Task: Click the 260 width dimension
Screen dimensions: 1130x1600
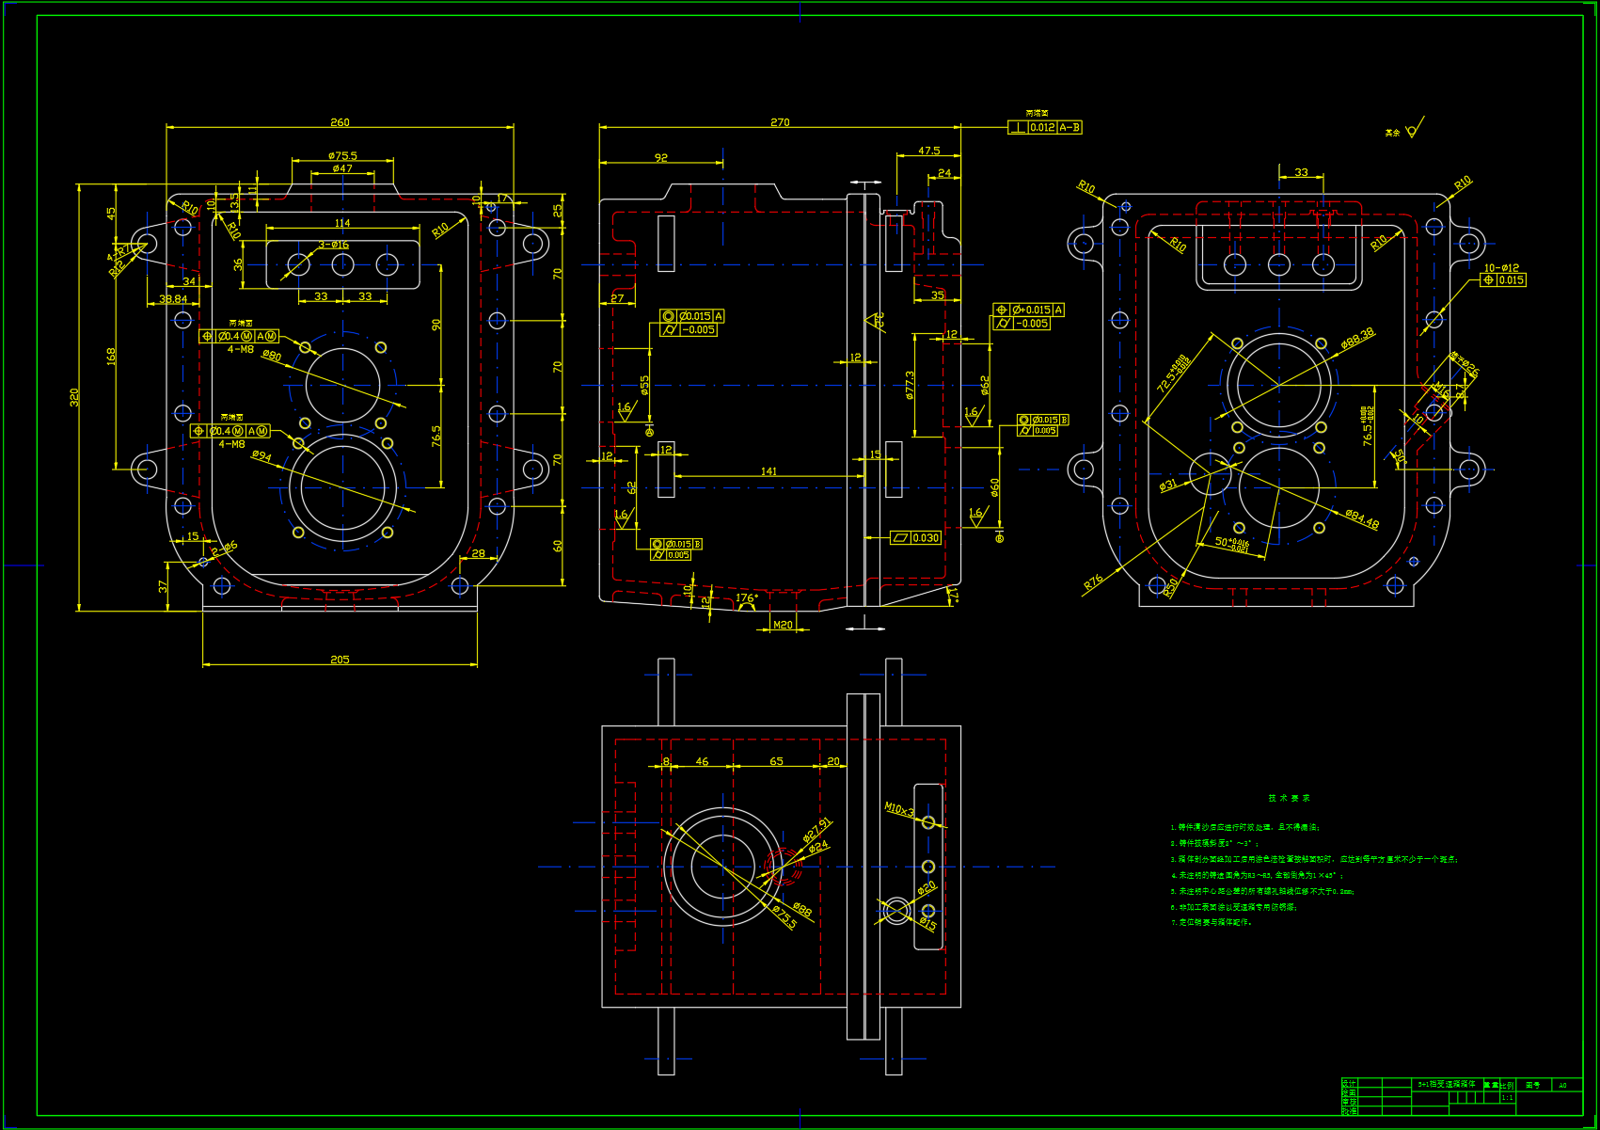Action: tap(340, 122)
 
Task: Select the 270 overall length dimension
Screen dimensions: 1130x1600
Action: tap(780, 122)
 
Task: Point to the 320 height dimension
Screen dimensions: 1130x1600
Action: tap(74, 397)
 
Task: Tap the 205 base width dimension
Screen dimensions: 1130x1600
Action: tap(340, 660)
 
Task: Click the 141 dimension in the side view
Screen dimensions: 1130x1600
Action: tap(768, 471)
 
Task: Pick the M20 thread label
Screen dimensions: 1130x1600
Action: tap(783, 625)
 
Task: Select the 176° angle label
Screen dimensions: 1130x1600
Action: tap(747, 598)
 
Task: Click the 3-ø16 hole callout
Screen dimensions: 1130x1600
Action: tap(333, 245)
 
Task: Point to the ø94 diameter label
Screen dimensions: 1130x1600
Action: tap(261, 456)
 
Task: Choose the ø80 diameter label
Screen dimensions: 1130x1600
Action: tap(272, 356)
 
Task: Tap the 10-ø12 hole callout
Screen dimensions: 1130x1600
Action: tap(1501, 268)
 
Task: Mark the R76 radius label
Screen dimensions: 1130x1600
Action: tap(1092, 582)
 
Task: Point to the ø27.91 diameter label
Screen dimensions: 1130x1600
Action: tap(816, 829)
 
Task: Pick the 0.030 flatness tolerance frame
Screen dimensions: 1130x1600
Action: tap(916, 538)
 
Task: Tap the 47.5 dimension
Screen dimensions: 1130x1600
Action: tap(928, 151)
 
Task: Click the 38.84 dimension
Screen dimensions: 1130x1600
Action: tap(173, 299)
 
